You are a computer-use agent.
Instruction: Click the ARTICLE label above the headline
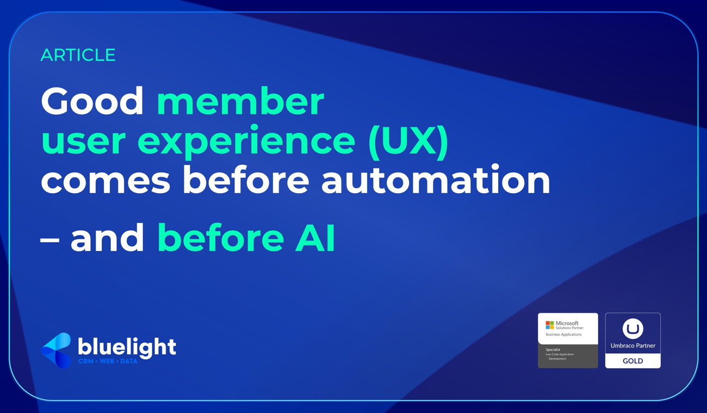pyautogui.click(x=78, y=55)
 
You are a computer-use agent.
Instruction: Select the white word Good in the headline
pyautogui.click(x=92, y=101)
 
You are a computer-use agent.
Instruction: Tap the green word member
pyautogui.click(x=240, y=101)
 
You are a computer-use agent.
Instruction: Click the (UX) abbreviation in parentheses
pyautogui.click(x=408, y=141)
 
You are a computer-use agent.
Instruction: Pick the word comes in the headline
pyautogui.click(x=106, y=181)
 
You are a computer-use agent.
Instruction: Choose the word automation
pyautogui.click(x=436, y=181)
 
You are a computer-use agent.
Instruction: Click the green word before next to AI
pyautogui.click(x=220, y=238)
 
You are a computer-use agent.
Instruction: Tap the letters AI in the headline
pyautogui.click(x=315, y=238)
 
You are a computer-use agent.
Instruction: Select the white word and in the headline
pyautogui.click(x=107, y=238)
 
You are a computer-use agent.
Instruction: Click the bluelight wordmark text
pyautogui.click(x=127, y=347)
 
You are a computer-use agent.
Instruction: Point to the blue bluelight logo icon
pyautogui.click(x=57, y=350)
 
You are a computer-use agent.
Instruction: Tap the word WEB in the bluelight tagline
pyautogui.click(x=107, y=361)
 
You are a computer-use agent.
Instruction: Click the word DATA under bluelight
pyautogui.click(x=129, y=361)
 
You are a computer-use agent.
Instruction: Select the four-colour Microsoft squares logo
pyautogui.click(x=550, y=325)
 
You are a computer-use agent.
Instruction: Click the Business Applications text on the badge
pyautogui.click(x=563, y=335)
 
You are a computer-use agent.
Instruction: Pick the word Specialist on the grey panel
pyautogui.click(x=553, y=350)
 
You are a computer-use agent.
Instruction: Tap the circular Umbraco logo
pyautogui.click(x=632, y=329)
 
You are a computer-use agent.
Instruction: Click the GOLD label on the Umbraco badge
pyautogui.click(x=632, y=361)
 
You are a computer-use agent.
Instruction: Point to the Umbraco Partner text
pyautogui.click(x=632, y=346)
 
